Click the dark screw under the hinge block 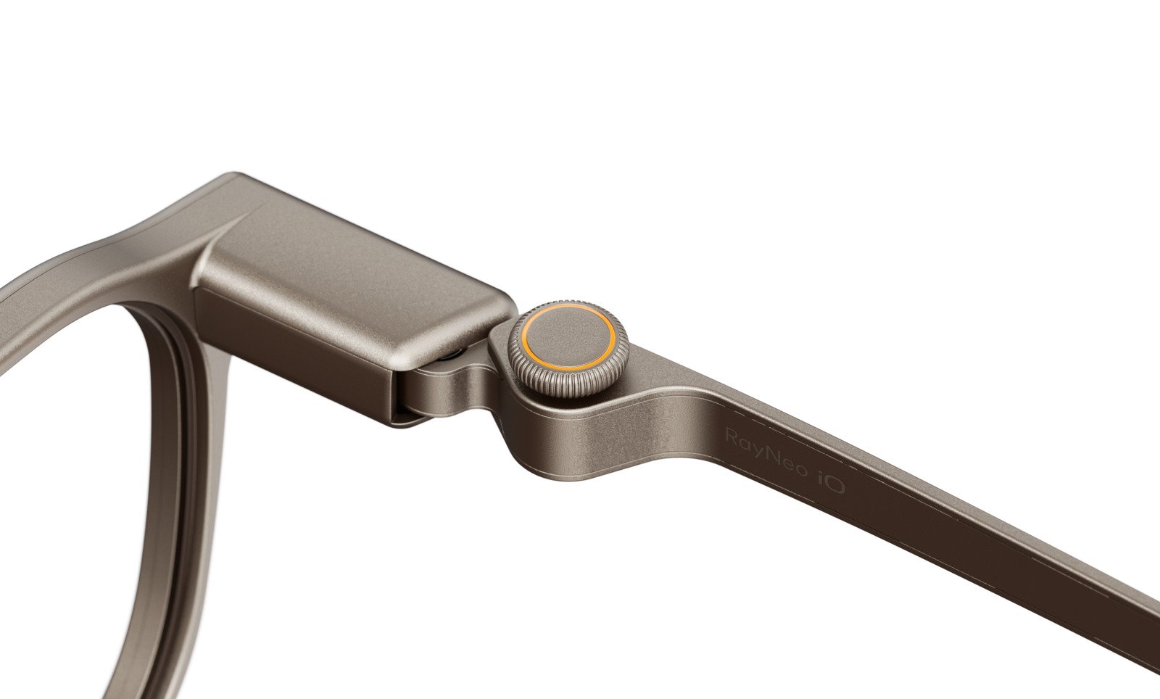pos(455,356)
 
